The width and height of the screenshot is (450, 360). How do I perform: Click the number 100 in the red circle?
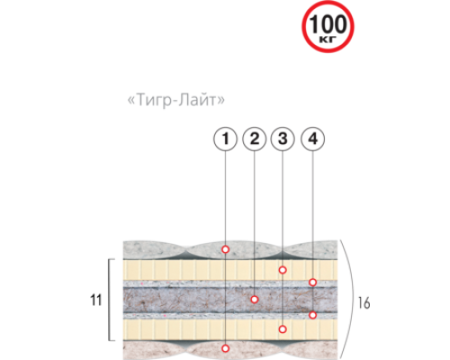click(x=328, y=24)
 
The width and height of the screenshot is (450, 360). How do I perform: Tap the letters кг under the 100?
click(x=328, y=40)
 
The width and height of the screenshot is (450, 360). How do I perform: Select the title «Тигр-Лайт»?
click(x=176, y=100)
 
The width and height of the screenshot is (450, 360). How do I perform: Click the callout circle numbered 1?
click(x=225, y=139)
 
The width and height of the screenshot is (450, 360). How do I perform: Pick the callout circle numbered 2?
click(x=254, y=139)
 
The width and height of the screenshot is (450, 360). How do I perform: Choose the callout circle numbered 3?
click(x=283, y=139)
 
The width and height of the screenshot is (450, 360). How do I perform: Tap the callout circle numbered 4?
click(x=312, y=139)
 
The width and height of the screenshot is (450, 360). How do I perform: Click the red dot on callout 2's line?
click(x=255, y=299)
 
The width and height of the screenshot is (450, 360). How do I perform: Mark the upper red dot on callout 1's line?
click(x=225, y=249)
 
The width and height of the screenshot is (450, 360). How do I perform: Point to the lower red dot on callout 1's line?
click(x=225, y=348)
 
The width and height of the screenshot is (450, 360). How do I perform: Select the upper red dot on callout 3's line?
click(x=283, y=270)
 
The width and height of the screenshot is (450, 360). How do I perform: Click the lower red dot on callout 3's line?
click(x=283, y=329)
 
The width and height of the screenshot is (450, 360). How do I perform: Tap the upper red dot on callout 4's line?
click(x=312, y=283)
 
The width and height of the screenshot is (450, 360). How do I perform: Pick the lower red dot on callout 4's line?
click(x=312, y=315)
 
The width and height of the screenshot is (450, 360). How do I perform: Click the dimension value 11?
click(x=96, y=300)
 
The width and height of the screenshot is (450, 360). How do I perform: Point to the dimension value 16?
click(x=364, y=303)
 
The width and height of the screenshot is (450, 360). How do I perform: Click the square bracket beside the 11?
click(x=109, y=300)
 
